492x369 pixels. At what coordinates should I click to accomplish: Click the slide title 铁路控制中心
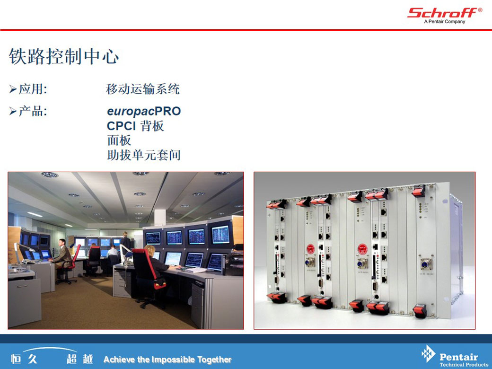pos(64,56)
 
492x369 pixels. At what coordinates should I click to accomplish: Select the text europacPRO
pos(144,111)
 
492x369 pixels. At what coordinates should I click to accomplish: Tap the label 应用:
pos(33,89)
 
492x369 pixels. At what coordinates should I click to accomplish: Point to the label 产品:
pos(33,111)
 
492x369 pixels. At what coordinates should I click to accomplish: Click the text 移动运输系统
pos(143,89)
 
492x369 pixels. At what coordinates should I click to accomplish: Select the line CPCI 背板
pos(135,126)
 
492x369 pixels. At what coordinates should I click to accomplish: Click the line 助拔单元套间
pos(144,155)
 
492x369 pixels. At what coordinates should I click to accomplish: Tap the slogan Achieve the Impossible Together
pos(167,359)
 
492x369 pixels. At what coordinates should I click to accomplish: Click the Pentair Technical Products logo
pos(455,356)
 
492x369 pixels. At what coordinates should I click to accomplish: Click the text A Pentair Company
pos(445,22)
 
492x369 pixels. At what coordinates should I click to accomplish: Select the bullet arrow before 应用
pos(13,89)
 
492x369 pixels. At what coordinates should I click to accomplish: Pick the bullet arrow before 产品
pos(13,111)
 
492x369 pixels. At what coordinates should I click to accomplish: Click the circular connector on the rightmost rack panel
pos(426,264)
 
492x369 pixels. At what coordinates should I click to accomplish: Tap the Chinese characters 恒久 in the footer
pos(24,359)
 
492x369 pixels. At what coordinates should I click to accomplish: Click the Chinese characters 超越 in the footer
pos(79,359)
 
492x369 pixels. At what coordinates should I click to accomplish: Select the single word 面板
pos(119,140)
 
